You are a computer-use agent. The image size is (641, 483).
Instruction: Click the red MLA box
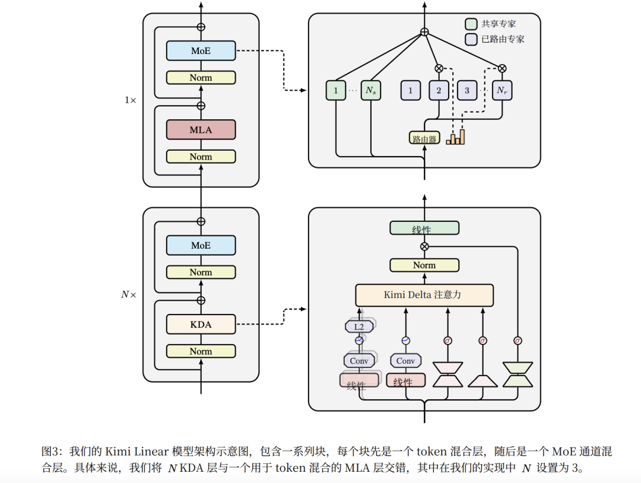(201, 129)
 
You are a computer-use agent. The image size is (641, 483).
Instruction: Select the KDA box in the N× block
(201, 324)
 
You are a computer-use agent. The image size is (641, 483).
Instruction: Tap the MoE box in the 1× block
(201, 51)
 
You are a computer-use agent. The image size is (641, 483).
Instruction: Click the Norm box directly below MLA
(201, 157)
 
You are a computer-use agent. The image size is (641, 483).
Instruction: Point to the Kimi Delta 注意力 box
(424, 294)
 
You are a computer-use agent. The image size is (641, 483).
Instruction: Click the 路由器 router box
(424, 138)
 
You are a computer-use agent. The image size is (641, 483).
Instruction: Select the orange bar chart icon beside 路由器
(456, 136)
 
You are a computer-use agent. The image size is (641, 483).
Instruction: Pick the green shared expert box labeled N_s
(370, 91)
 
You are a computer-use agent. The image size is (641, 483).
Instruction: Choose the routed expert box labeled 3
(467, 91)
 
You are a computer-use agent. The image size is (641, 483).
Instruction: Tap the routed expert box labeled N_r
(502, 91)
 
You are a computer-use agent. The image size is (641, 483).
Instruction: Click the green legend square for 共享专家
(471, 24)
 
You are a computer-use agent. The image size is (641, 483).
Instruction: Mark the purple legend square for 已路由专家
(471, 39)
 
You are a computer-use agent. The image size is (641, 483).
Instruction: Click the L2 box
(358, 326)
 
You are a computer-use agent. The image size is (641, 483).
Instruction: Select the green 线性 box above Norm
(424, 228)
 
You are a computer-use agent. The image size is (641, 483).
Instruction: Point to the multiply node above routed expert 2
(439, 68)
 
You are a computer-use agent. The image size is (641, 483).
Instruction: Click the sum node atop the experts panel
(424, 31)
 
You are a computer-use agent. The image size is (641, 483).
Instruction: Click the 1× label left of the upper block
(130, 100)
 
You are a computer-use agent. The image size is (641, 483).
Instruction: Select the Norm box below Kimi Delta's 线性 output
(424, 265)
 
